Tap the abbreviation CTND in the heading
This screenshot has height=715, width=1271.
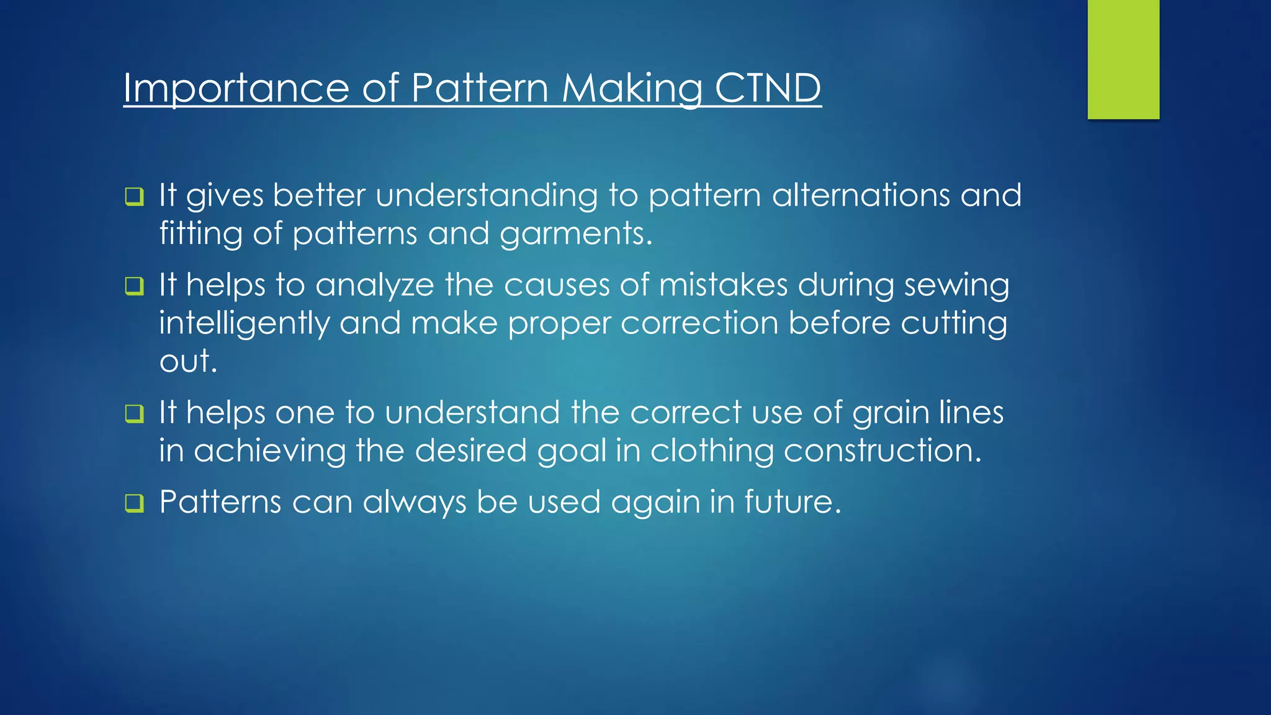(x=768, y=88)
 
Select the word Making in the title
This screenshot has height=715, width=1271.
(x=632, y=88)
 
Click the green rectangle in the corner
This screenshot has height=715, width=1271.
(x=1123, y=59)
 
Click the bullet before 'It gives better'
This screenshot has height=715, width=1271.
(x=134, y=197)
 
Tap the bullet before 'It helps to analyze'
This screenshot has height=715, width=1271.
(x=134, y=286)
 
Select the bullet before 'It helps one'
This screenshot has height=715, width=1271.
(x=134, y=413)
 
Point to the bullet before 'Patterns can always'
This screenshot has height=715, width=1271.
(x=134, y=503)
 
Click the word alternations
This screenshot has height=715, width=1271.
(x=861, y=196)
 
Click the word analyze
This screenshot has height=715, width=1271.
(x=374, y=286)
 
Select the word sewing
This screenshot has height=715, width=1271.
(x=956, y=286)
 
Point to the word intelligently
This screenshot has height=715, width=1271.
(x=244, y=324)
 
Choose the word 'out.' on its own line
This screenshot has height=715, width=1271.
(x=188, y=361)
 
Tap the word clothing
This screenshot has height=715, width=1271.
(x=712, y=451)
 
